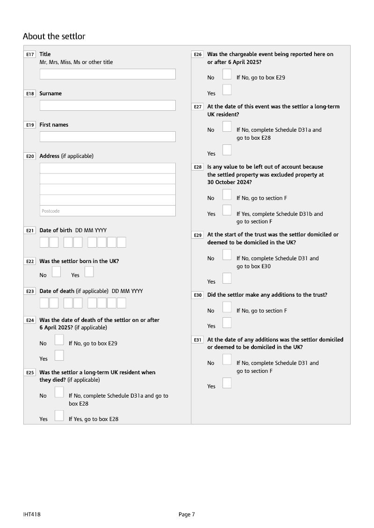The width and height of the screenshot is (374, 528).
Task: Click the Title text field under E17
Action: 108,74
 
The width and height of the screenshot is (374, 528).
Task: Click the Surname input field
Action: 108,105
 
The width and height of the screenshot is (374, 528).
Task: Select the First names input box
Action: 108,136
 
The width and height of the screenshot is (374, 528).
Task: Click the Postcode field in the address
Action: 108,211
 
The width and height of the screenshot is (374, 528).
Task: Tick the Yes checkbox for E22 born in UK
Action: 89,271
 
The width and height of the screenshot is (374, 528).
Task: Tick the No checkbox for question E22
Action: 56,271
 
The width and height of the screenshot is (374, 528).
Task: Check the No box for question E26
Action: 227,74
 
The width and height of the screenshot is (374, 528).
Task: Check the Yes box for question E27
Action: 227,150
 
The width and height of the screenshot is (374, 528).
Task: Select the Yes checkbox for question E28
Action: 227,210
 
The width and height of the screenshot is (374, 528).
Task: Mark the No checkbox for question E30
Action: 227,307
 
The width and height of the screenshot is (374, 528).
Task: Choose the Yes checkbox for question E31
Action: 227,383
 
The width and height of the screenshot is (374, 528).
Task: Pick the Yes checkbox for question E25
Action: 59,415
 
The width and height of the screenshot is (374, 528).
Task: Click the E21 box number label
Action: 30,230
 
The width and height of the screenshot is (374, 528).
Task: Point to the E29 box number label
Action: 198,235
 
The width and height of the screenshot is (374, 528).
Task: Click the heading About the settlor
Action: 54,36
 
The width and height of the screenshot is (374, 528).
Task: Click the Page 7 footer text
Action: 187,514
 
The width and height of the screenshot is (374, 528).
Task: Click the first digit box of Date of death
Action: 44,303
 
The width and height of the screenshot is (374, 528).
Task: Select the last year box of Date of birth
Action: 122,243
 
